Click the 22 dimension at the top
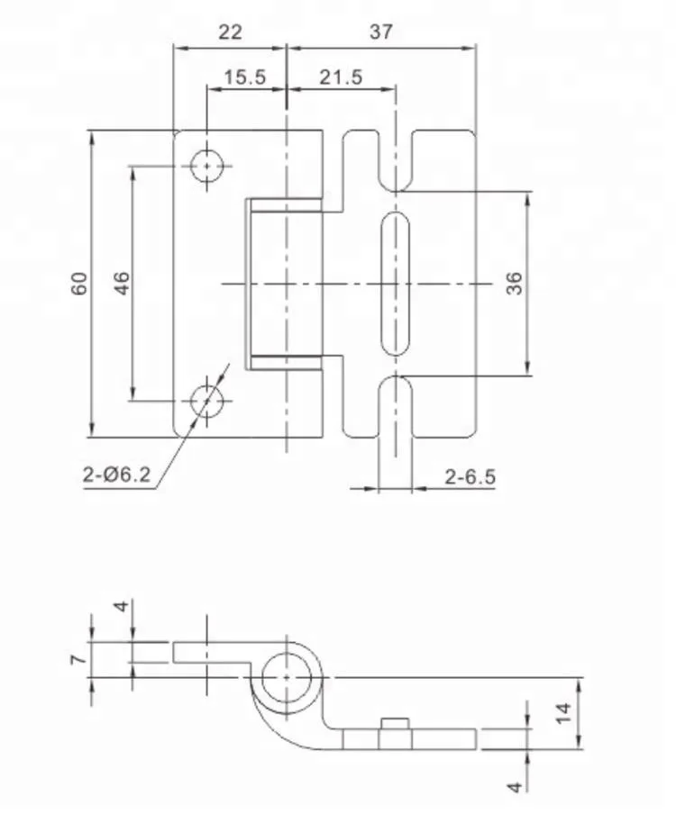tap(230, 32)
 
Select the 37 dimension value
tap(380, 32)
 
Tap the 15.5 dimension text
tap(244, 77)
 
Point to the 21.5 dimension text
tap(340, 77)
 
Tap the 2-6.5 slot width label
tap(470, 476)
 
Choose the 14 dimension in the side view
tap(563, 713)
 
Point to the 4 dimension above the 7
tap(123, 606)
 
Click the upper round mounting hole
tap(208, 166)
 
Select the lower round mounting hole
tap(208, 400)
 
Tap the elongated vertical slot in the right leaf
tap(395, 284)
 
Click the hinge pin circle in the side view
tap(287, 676)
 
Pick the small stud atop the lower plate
tap(395, 724)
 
